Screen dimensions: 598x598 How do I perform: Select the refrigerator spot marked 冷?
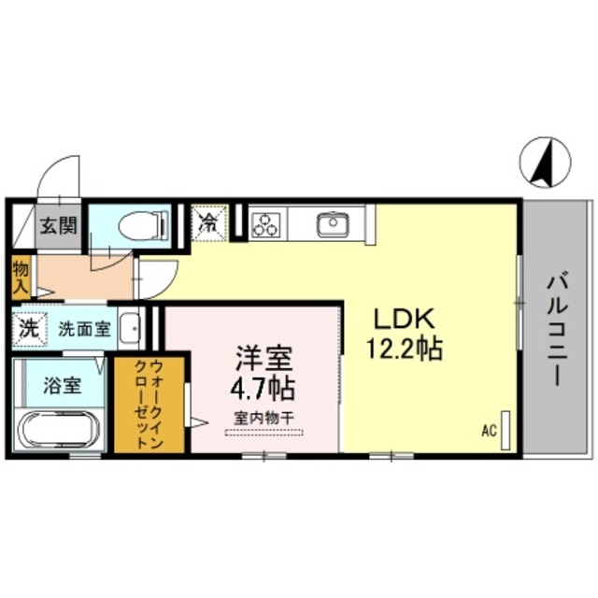[208, 223]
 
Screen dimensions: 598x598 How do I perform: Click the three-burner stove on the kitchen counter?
[266, 225]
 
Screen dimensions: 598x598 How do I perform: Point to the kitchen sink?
[332, 225]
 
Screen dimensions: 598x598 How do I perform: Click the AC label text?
[489, 431]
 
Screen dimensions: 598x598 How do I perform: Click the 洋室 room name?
[263, 358]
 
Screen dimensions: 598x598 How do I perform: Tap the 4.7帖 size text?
[263, 386]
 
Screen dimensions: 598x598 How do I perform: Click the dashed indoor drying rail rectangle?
[263, 432]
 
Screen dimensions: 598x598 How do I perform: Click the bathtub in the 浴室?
[61, 431]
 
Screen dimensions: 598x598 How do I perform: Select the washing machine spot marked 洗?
[29, 329]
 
